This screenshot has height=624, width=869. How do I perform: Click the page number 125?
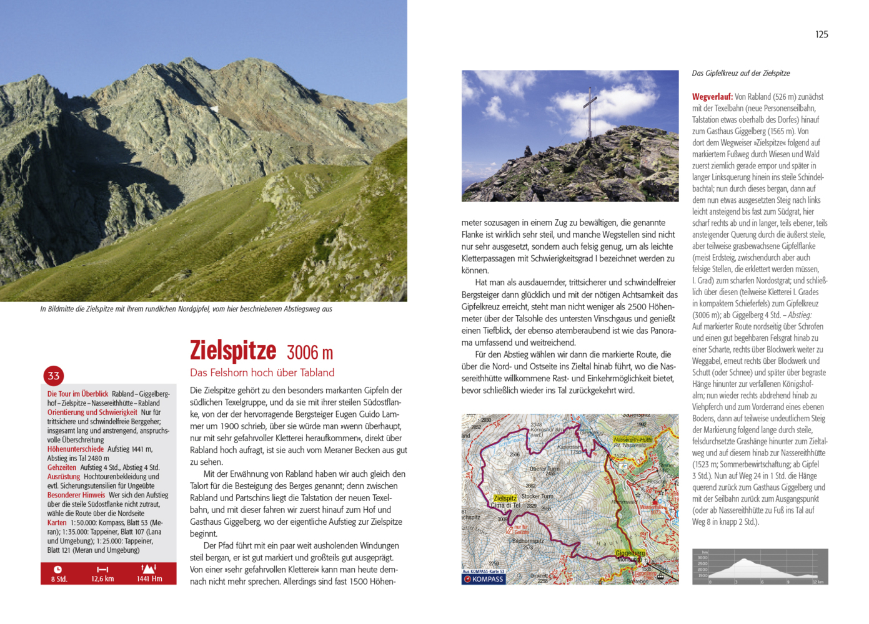(822, 34)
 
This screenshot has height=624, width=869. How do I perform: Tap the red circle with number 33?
(54, 376)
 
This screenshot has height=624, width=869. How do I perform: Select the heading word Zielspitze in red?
(233, 350)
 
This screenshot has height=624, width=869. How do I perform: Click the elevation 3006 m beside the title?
(309, 353)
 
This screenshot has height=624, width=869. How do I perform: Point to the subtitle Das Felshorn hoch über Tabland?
(262, 373)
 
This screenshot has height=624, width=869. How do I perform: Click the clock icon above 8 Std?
(57, 569)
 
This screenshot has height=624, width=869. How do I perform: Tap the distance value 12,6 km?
(102, 579)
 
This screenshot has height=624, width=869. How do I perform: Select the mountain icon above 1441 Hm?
(149, 568)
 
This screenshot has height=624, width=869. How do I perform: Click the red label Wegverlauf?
(712, 97)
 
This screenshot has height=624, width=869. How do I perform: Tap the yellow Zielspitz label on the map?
(505, 498)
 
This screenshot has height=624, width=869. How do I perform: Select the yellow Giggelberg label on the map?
(630, 553)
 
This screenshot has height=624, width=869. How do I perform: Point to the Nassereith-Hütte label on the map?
(633, 439)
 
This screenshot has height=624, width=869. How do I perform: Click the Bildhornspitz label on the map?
(528, 541)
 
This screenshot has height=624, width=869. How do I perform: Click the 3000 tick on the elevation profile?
(703, 558)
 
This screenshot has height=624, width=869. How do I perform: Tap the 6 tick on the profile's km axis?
(762, 582)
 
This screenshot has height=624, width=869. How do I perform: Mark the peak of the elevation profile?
(744, 559)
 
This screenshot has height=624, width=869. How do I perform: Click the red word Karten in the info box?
(57, 523)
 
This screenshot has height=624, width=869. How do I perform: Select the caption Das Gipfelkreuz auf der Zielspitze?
(741, 73)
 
